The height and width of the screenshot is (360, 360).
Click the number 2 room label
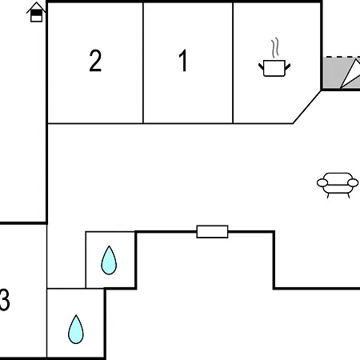[95, 61]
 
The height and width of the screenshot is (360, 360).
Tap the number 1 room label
[183, 61]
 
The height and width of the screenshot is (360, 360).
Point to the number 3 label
[5, 300]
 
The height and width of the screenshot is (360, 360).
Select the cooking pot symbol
[274, 68]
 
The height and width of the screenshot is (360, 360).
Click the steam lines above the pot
[275, 48]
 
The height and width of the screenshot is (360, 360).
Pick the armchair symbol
[338, 185]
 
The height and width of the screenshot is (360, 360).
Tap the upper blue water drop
[109, 260]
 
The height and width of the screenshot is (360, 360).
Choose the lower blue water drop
[76, 330]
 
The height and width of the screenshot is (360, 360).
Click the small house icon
[36, 12]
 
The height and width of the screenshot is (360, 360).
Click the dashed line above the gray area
[342, 57]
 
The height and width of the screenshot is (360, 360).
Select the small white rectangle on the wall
[212, 231]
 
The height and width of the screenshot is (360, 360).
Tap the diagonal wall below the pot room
[307, 107]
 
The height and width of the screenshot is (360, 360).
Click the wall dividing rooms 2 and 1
[143, 62]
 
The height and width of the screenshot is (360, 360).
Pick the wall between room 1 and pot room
[233, 62]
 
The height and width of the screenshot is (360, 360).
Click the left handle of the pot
[261, 66]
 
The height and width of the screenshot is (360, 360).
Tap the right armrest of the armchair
[353, 182]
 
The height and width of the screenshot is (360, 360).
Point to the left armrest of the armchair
[322, 182]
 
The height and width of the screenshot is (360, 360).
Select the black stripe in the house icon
[36, 13]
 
